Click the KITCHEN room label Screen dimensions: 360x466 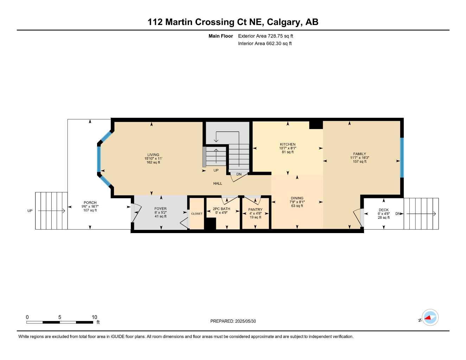point(288,144)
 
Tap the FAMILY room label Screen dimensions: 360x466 point(359,154)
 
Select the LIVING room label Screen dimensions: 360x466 point(153,155)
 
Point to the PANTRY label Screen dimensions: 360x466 point(255,210)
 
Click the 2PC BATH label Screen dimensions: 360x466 point(221,209)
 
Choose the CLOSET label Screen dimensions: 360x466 point(197,214)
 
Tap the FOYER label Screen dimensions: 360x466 point(160,209)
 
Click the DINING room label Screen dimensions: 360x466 point(297,198)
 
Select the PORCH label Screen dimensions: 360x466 point(90,202)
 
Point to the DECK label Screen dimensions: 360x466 point(383,210)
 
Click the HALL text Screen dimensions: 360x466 point(217,184)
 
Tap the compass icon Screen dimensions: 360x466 point(430,318)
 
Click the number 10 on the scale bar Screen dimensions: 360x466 point(94,317)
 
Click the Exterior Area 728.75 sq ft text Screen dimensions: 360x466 point(266,36)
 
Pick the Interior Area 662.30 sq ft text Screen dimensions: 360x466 point(265,44)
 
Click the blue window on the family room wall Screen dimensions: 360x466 point(402,157)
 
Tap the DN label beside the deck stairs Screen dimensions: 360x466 point(398,214)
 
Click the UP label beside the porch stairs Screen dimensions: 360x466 point(30,211)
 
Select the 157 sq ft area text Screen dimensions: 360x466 point(359,162)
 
